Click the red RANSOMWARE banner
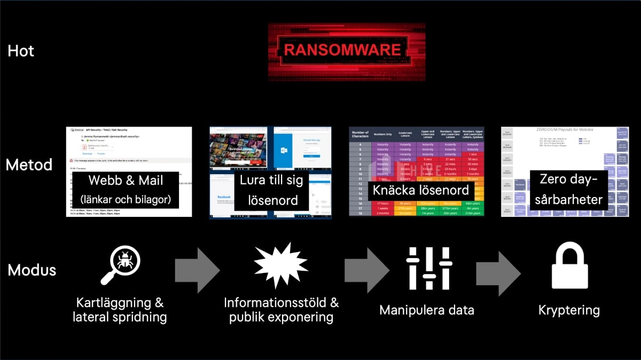point(341,51)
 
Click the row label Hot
point(21,51)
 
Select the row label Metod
point(29,165)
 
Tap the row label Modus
point(32,270)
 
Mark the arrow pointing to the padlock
point(498,270)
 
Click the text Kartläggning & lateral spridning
point(120,310)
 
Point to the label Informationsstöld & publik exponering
point(281,310)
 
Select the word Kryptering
point(569,310)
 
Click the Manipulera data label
point(427,310)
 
